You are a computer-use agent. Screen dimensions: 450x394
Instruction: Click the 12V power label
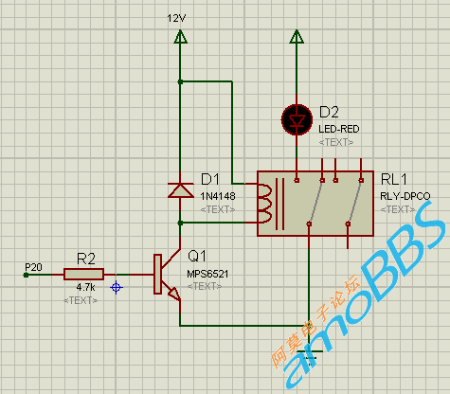click(x=176, y=18)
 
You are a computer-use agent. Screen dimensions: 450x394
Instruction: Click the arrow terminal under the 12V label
click(x=180, y=36)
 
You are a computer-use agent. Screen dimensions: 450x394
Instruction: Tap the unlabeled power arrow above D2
click(x=297, y=36)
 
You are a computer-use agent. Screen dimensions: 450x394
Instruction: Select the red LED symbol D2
click(x=297, y=119)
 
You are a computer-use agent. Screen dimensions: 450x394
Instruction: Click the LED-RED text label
click(x=339, y=129)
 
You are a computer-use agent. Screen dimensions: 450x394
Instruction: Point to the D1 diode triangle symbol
click(x=180, y=190)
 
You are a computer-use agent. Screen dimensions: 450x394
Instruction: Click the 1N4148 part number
click(x=218, y=196)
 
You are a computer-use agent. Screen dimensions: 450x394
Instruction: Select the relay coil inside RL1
click(x=264, y=204)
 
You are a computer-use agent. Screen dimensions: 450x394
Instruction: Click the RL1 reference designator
click(x=394, y=179)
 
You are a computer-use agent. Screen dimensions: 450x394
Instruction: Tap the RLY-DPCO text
click(x=405, y=196)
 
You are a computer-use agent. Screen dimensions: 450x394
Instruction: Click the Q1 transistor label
click(x=197, y=256)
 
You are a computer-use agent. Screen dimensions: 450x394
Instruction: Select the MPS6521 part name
click(x=207, y=274)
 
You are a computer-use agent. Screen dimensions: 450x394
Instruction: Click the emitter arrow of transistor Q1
click(x=174, y=294)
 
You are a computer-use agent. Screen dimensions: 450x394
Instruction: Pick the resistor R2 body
click(x=83, y=275)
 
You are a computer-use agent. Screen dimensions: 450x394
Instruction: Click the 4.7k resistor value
click(x=85, y=287)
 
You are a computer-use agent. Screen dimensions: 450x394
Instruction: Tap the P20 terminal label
click(x=33, y=267)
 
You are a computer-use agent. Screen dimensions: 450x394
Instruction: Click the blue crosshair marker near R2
click(x=117, y=288)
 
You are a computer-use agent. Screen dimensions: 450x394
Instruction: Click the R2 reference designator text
click(x=86, y=259)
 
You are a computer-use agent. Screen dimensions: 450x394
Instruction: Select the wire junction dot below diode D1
click(x=180, y=224)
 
